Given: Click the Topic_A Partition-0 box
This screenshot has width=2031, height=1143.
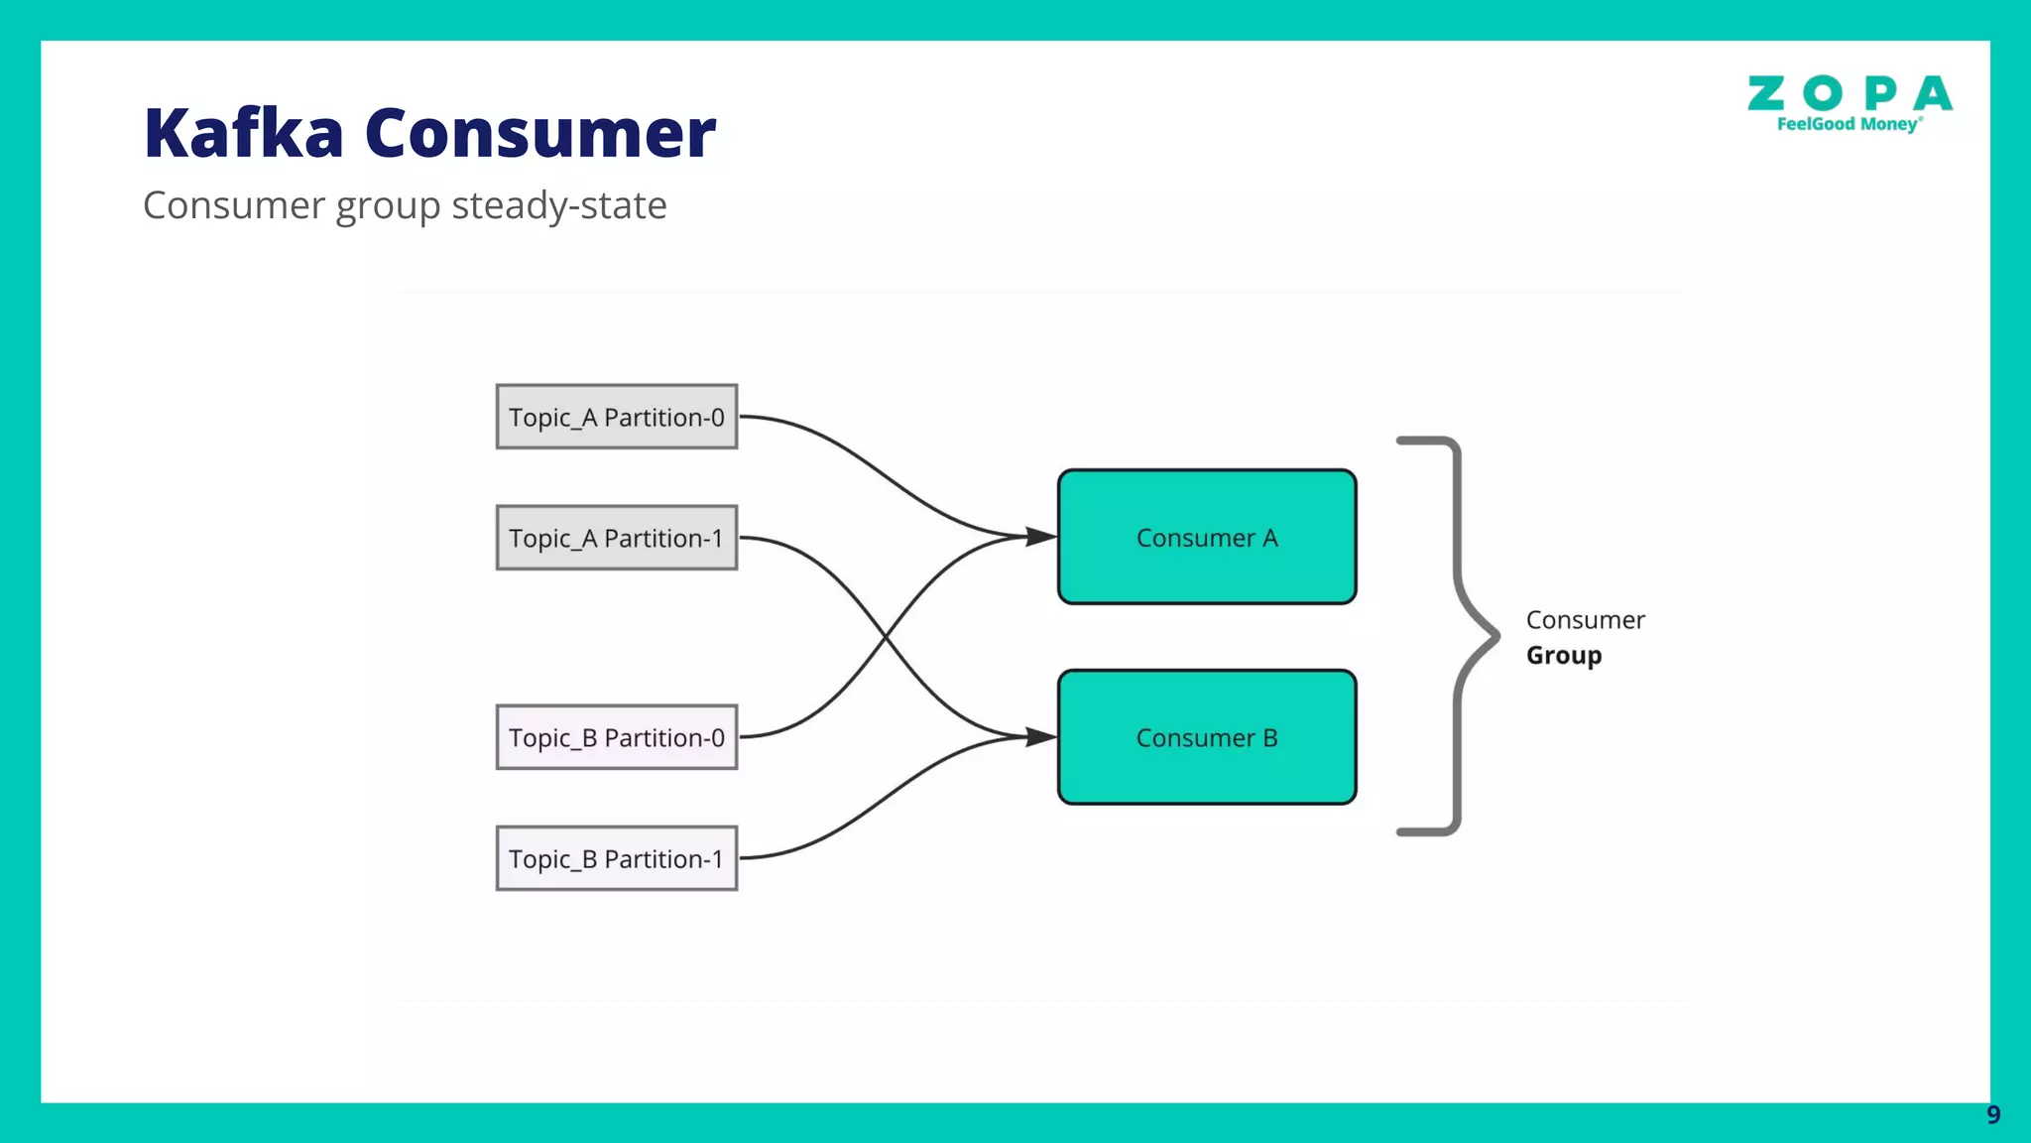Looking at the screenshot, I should [x=616, y=417].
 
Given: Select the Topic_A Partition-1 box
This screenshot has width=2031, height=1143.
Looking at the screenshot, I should [x=616, y=538].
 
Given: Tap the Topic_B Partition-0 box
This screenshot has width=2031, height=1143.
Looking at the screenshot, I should [x=616, y=737].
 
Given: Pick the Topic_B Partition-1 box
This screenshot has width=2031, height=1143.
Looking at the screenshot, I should [x=616, y=858].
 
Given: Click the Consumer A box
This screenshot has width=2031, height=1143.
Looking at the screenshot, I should [x=1207, y=537].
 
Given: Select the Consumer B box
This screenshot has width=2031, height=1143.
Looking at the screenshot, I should [x=1207, y=737].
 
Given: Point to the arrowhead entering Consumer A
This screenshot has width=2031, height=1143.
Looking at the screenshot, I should [x=1041, y=537].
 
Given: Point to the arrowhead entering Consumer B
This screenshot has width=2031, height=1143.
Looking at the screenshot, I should [x=1041, y=737].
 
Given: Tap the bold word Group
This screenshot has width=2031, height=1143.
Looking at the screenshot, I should [x=1564, y=656].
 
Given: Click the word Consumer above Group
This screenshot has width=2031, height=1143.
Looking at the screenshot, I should [x=1585, y=620].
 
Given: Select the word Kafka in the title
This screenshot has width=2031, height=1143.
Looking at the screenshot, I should [x=244, y=133].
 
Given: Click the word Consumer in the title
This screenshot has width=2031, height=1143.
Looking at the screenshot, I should [x=540, y=133].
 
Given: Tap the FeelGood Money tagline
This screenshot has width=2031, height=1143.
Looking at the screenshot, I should [x=1849, y=124].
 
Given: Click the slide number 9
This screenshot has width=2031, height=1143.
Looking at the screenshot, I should [x=1993, y=1115].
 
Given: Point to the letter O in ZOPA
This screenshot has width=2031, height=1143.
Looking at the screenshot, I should [x=1823, y=94].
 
